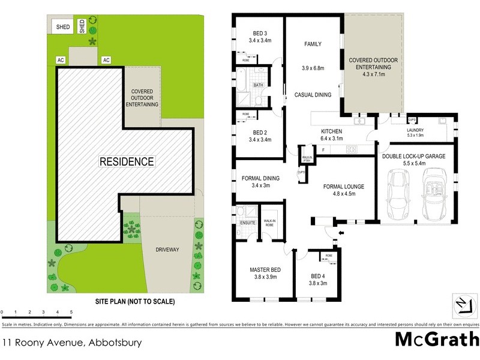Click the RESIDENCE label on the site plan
coord(127,161)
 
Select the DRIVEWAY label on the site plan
coord(167,249)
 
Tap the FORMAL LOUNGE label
coord(344,187)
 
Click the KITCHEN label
coord(331,131)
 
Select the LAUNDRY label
coord(415,130)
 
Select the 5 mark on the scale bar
coord(71,313)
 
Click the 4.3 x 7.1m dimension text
coord(373,75)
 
